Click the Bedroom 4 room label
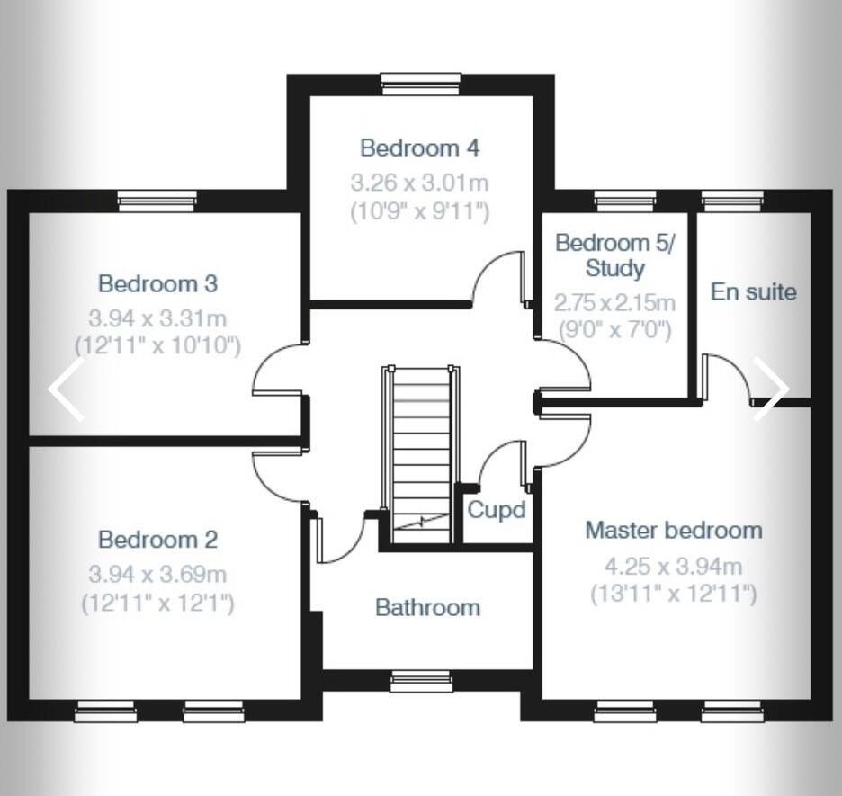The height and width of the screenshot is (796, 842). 419,148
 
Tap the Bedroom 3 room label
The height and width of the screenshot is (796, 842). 157,284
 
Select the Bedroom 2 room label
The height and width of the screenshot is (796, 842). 157,540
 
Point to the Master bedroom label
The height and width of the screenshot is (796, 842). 673,530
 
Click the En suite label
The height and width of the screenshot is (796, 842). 753,291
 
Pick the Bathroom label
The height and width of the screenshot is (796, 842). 427,607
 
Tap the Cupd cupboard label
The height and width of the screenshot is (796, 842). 496,510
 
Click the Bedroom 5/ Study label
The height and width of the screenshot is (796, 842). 614,255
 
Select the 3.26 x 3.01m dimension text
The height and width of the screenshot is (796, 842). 419,183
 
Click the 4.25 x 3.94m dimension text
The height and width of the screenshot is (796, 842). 673,567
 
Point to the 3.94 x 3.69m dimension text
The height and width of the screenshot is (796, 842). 157,574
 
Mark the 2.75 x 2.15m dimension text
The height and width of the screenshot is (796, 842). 614,302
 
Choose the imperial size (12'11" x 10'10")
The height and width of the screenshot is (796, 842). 157,345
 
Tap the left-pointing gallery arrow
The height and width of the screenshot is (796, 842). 67,389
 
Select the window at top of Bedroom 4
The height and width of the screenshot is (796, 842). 421,84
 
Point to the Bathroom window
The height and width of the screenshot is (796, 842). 421,683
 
